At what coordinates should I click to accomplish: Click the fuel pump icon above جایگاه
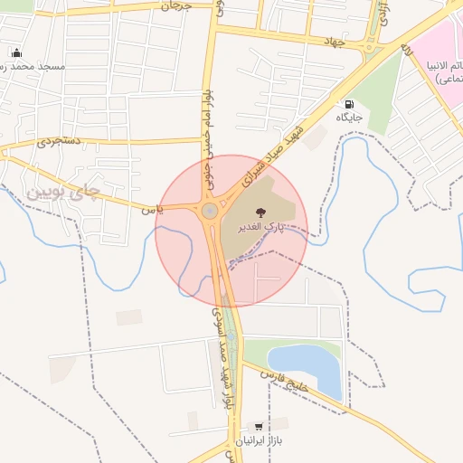pyautogui.click(x=349, y=104)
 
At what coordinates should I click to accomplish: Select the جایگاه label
pyautogui.click(x=350, y=118)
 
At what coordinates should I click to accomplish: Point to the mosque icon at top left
pyautogui.click(x=16, y=52)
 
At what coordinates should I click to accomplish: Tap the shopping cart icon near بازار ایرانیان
pyautogui.click(x=260, y=426)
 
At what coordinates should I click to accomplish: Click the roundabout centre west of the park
pyautogui.click(x=210, y=212)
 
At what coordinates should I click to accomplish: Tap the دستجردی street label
pyautogui.click(x=60, y=142)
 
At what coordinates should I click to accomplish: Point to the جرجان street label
pyautogui.click(x=176, y=6)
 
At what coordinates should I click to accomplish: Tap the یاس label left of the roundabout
pyautogui.click(x=153, y=209)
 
